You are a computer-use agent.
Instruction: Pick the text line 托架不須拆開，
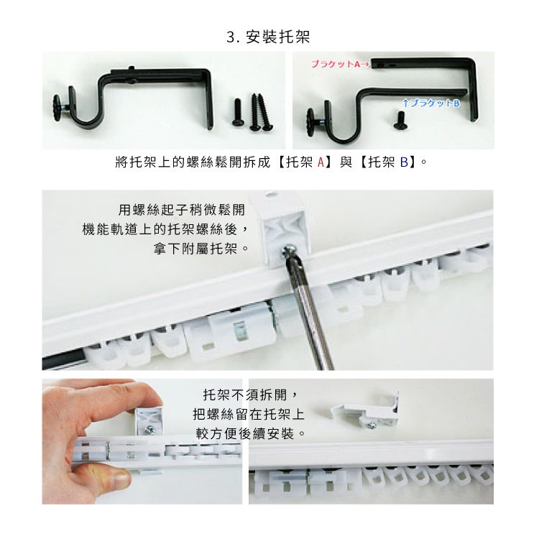click(249, 395)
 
